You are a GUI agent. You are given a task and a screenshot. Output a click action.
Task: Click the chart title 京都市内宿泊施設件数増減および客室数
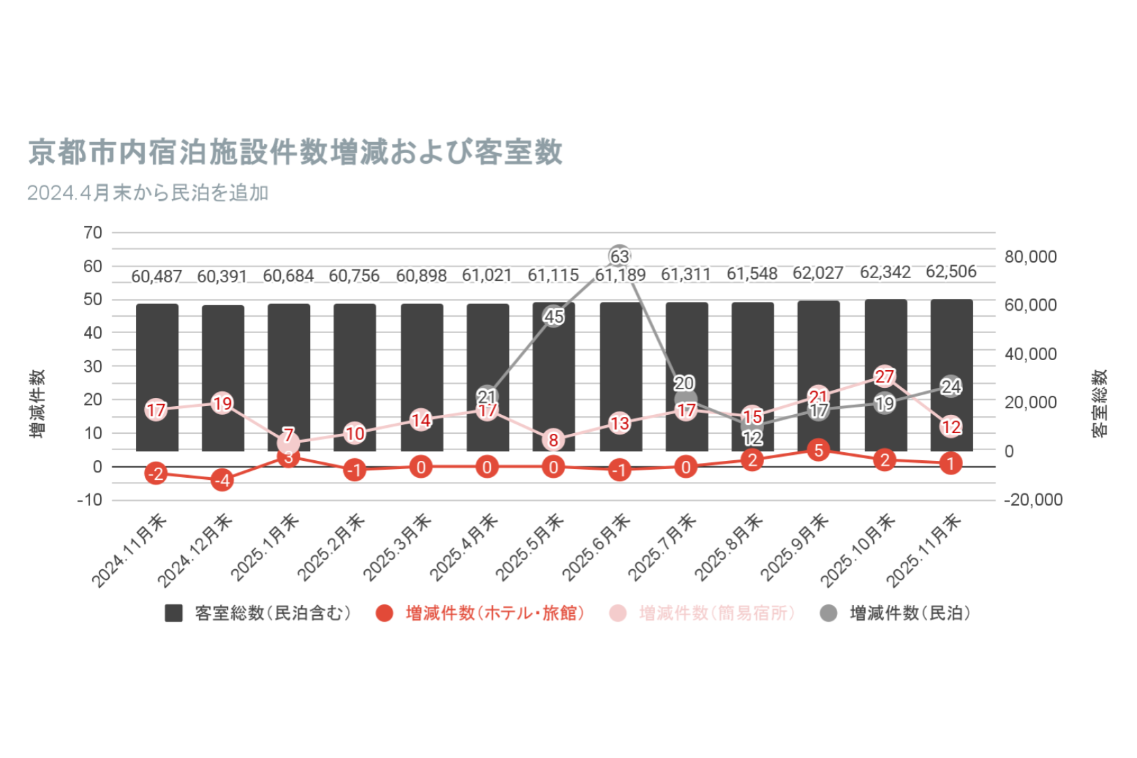click(295, 152)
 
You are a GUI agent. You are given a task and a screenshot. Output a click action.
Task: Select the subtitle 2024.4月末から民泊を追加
click(148, 193)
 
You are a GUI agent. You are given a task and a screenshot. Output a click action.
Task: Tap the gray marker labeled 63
click(619, 257)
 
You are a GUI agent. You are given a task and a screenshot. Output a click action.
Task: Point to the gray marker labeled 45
click(554, 316)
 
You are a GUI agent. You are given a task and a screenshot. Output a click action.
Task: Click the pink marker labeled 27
click(885, 376)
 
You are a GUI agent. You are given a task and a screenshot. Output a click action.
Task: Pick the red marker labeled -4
click(222, 480)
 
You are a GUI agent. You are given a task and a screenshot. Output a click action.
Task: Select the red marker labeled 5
click(818, 450)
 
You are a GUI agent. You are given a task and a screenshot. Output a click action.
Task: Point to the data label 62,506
click(951, 271)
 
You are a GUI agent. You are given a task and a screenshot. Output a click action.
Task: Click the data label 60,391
click(222, 277)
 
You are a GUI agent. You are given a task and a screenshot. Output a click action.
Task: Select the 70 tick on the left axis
click(93, 233)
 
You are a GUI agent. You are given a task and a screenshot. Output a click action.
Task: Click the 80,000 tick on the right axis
click(1030, 257)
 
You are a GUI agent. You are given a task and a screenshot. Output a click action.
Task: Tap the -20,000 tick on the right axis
click(1033, 499)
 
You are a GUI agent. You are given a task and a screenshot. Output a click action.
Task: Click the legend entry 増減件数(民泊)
click(896, 613)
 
